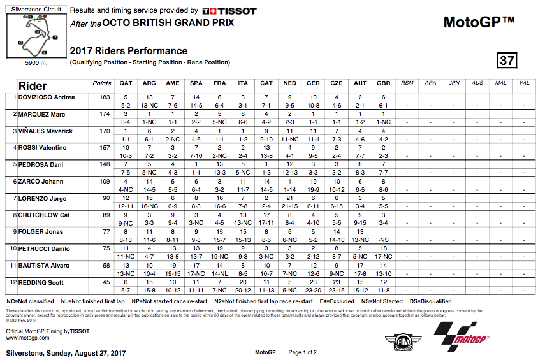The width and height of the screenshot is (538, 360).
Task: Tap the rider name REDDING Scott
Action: click(41, 282)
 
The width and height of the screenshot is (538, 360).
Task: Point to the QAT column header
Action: click(126, 83)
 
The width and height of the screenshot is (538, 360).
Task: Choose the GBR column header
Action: click(383, 83)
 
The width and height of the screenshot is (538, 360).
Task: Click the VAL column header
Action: click(525, 83)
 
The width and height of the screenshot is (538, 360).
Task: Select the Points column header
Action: click(101, 83)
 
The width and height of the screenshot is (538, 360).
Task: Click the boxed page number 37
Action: click(507, 61)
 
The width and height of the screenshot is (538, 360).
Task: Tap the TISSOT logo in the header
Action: click(229, 11)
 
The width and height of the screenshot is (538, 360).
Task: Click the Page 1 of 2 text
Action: click(302, 352)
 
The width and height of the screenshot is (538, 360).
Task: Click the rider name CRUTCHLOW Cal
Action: click(43, 215)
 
